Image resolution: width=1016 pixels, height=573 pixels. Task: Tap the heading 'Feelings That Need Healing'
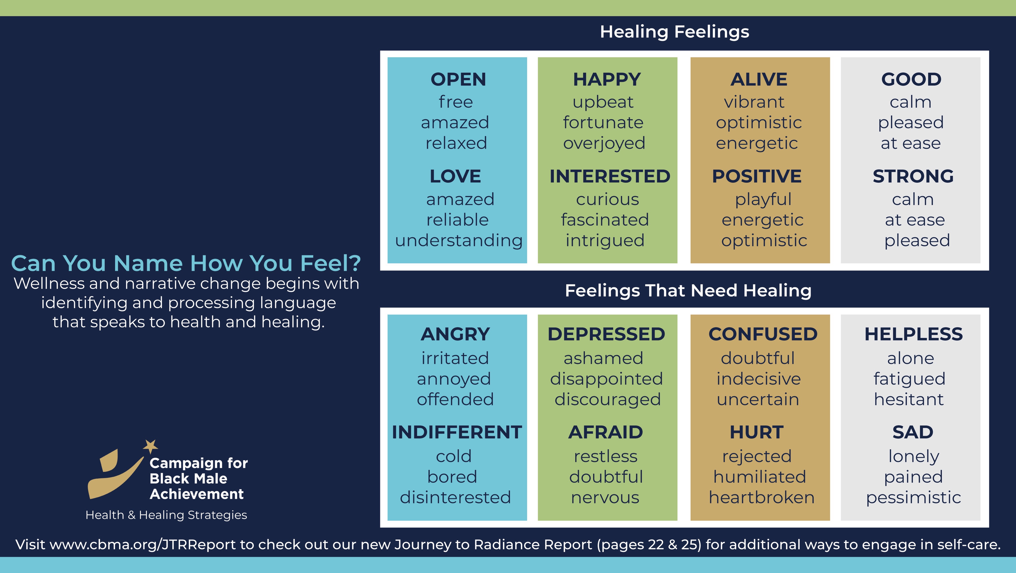[x=688, y=291]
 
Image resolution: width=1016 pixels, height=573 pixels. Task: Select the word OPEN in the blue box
[x=458, y=79]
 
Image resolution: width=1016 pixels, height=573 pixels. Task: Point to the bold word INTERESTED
[x=610, y=176]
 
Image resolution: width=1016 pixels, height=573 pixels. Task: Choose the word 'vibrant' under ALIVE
[x=754, y=102]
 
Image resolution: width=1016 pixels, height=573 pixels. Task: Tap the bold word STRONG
[x=913, y=176]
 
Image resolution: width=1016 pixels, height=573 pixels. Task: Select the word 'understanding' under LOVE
[x=459, y=241]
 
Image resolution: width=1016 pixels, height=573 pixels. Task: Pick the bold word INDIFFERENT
[x=457, y=432]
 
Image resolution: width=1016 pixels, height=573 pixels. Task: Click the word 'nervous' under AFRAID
[x=605, y=498]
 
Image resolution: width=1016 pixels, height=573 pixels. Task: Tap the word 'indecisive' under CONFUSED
[x=759, y=379]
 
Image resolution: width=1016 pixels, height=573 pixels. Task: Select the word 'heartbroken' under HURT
[x=762, y=497]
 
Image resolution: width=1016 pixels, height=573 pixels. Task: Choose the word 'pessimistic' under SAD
[x=914, y=498]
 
